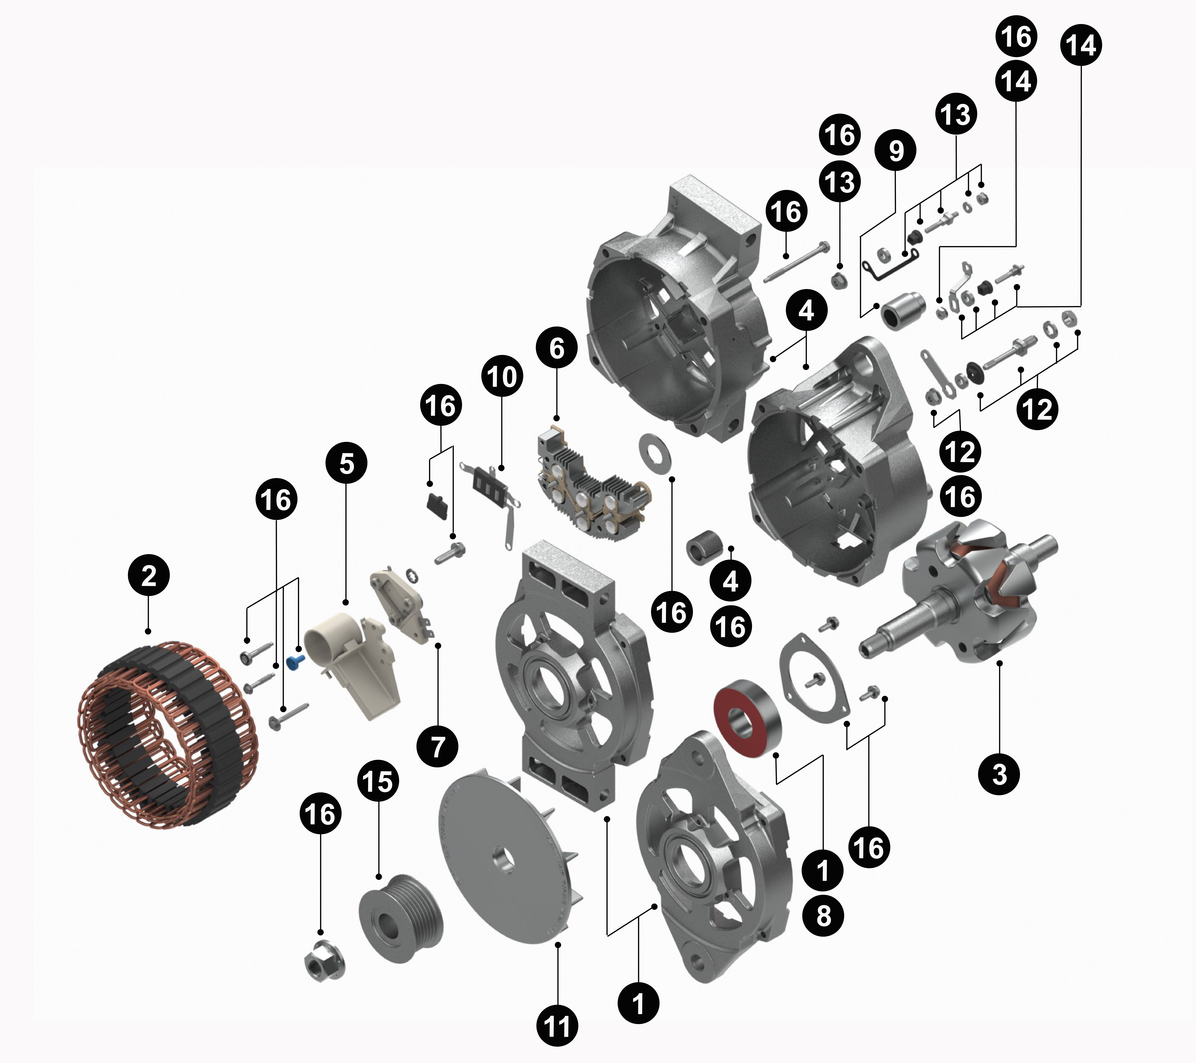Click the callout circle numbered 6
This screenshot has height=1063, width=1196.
[556, 348]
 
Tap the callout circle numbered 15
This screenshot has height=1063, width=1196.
[378, 781]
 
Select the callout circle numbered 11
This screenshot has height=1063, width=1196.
[557, 1025]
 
